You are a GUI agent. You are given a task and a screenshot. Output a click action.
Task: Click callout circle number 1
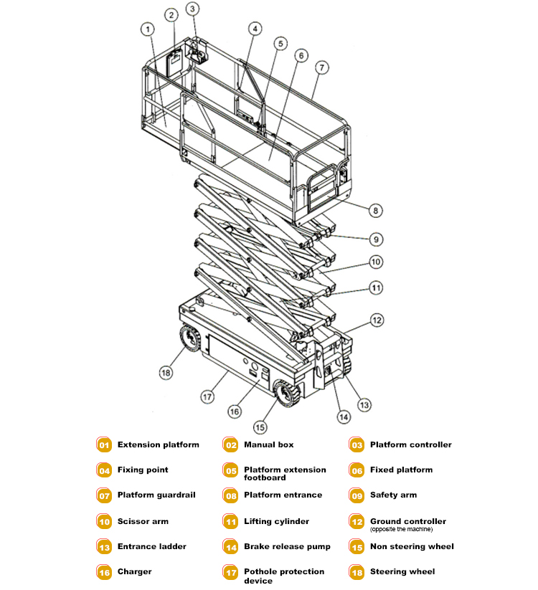pyautogui.click(x=147, y=29)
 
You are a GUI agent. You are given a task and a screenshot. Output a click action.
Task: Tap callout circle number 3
pyautogui.click(x=193, y=9)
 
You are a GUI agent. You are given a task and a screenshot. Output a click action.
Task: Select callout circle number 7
pyautogui.click(x=322, y=67)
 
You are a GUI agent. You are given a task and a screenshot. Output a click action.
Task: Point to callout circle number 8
pyautogui.click(x=375, y=211)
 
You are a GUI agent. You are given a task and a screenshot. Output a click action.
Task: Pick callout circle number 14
pyautogui.click(x=344, y=417)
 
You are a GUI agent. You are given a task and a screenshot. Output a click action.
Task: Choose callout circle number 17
pyautogui.click(x=208, y=395)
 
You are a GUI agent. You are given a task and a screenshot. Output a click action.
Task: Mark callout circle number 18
pyautogui.click(x=166, y=372)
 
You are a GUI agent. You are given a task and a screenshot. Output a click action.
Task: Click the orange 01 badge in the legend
pyautogui.click(x=104, y=445)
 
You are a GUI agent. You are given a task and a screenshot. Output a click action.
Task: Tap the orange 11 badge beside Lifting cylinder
pyautogui.click(x=230, y=522)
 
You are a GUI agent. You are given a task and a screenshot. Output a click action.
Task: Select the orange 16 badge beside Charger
pyautogui.click(x=104, y=572)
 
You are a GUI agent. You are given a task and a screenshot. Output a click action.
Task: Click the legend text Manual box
pyautogui.click(x=269, y=445)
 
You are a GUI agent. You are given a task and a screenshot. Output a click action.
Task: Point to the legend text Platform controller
pyautogui.click(x=411, y=445)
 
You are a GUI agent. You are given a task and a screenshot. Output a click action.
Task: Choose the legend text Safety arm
pyautogui.click(x=393, y=495)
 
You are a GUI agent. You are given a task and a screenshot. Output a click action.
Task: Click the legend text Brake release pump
pyautogui.click(x=287, y=547)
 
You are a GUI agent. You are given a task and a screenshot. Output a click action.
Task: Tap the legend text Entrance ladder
pyautogui.click(x=152, y=547)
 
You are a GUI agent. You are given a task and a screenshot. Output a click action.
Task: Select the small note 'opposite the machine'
pyautogui.click(x=401, y=530)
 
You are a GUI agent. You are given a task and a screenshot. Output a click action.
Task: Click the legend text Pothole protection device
pyautogui.click(x=284, y=576)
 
